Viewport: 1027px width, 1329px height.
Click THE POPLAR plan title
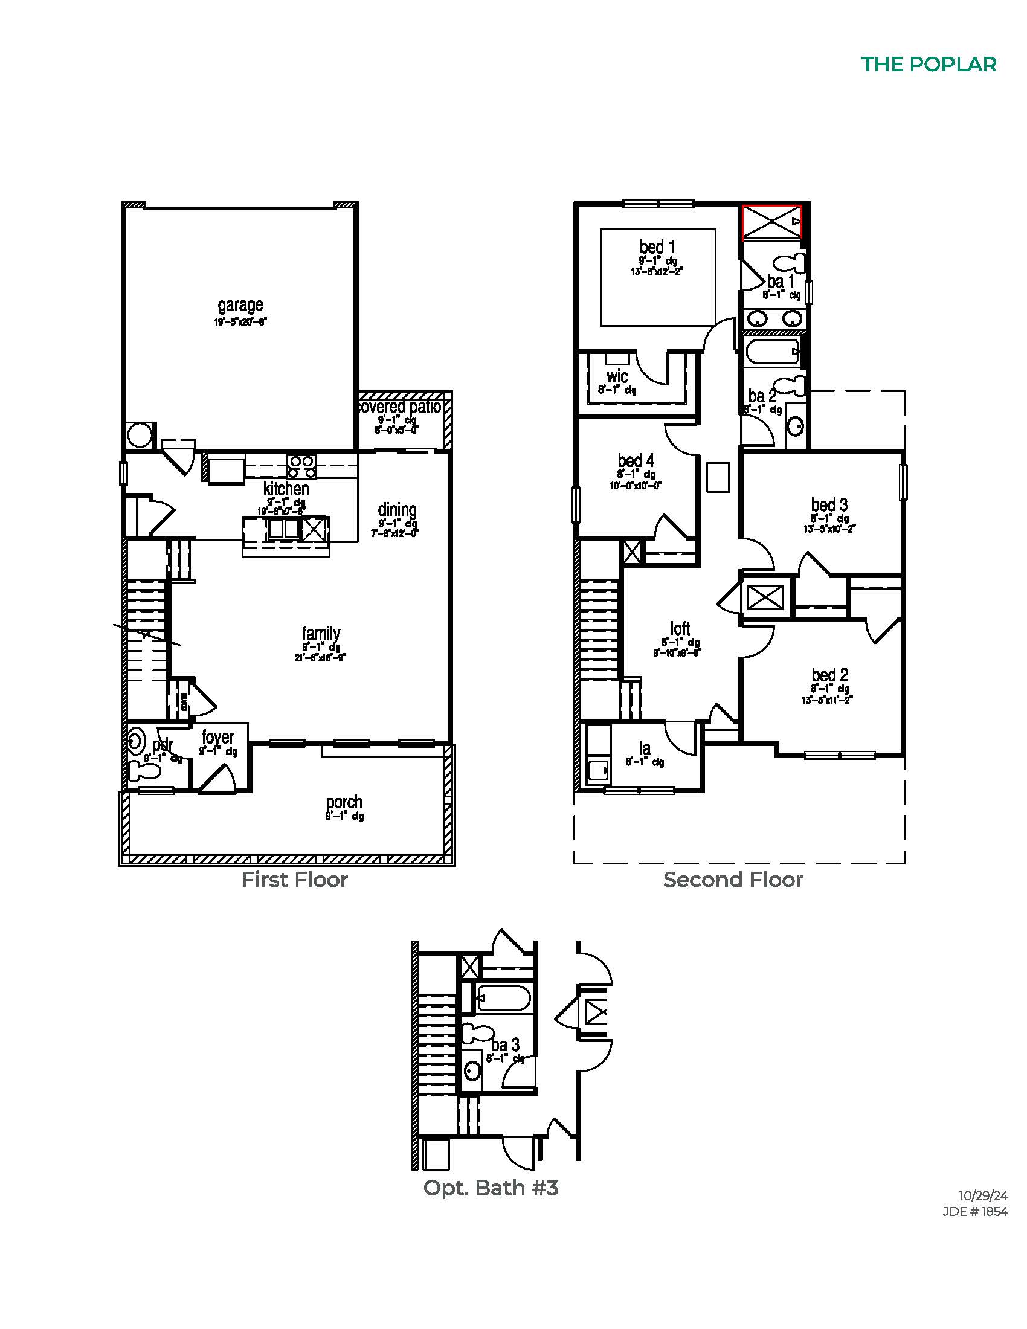click(929, 65)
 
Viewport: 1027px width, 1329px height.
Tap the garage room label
click(240, 305)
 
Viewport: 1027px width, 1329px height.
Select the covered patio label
click(401, 407)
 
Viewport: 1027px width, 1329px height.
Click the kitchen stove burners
click(301, 467)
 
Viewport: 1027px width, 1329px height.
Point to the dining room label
click(397, 510)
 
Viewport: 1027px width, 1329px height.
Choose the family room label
click(321, 634)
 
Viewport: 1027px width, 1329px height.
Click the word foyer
click(218, 738)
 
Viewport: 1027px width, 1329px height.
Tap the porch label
click(344, 802)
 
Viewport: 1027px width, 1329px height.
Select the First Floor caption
click(294, 880)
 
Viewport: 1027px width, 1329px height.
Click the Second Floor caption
click(733, 880)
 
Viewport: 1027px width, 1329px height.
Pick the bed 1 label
click(657, 247)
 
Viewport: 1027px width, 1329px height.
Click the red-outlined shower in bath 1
click(771, 222)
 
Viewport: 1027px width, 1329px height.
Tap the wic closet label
click(617, 376)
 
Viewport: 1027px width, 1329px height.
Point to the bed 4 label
click(636, 461)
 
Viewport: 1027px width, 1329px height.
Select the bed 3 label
click(829, 505)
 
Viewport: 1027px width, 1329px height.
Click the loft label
click(680, 629)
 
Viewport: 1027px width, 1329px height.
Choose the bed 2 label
click(829, 675)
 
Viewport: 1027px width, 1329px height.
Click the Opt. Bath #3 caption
click(491, 1188)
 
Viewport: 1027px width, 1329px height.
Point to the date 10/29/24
click(983, 1195)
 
